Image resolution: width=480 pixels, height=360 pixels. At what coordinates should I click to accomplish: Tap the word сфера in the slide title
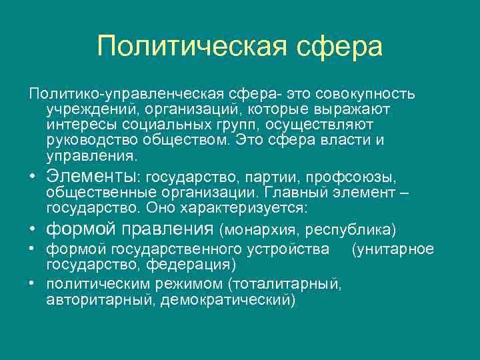point(338,47)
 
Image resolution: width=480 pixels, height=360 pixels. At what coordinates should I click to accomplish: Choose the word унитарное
point(397,249)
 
